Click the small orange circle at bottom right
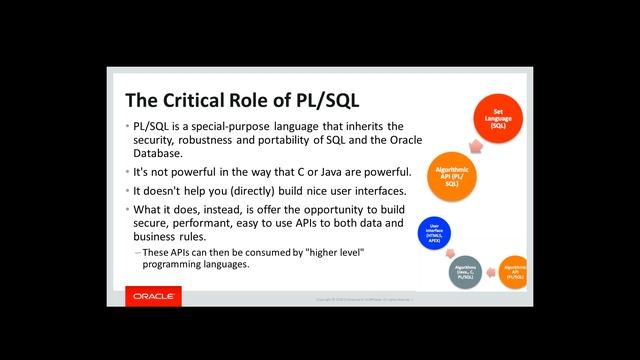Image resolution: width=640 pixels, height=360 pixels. tap(514, 273)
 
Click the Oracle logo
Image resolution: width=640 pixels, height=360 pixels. tap(155, 297)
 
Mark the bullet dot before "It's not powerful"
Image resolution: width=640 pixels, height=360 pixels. tap(128, 173)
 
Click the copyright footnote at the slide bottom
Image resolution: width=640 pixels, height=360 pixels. tap(370, 299)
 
